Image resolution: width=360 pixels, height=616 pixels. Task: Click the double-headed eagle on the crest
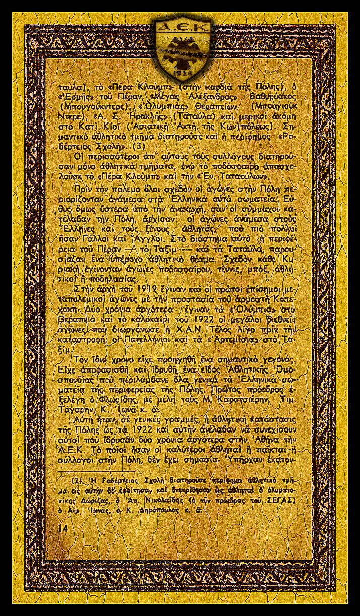tap(179, 50)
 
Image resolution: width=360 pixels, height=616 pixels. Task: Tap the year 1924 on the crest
tap(180, 72)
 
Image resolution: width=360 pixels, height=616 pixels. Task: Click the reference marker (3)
tap(137, 146)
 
